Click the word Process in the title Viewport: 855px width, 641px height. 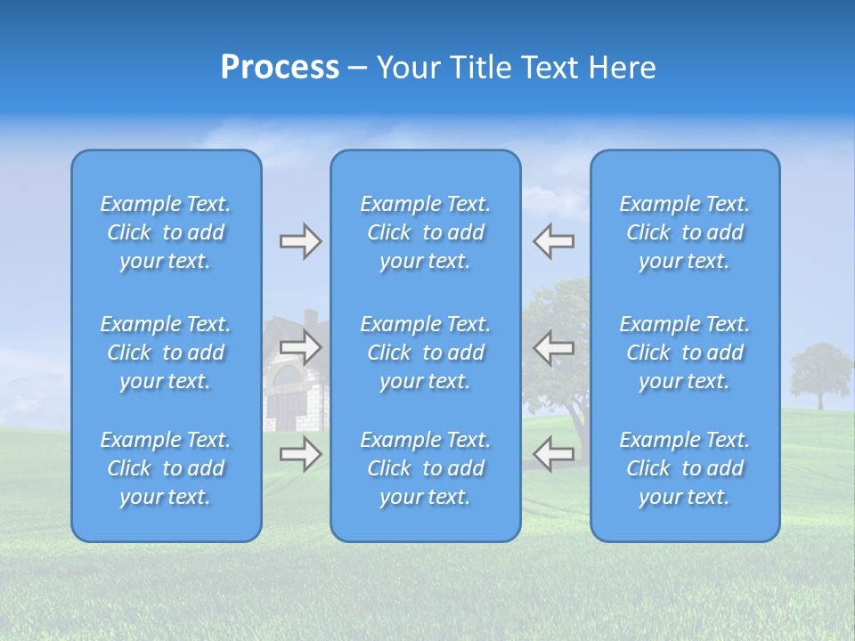(x=280, y=68)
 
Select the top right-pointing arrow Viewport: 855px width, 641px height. (x=300, y=241)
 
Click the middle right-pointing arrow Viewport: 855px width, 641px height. (x=300, y=347)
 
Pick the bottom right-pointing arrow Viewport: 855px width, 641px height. (x=300, y=454)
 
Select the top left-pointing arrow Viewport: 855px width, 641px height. (x=553, y=241)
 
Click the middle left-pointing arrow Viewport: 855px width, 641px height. (x=553, y=347)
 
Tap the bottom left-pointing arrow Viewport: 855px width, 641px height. (x=553, y=454)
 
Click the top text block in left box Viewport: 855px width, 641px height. (x=166, y=232)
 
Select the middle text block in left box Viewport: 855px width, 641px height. (x=166, y=353)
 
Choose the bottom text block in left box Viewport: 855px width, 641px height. (x=166, y=468)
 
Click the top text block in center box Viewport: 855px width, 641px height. (x=426, y=232)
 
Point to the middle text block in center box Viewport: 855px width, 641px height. (x=426, y=353)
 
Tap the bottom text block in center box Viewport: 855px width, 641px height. (x=426, y=468)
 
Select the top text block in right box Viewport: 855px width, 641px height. (x=685, y=232)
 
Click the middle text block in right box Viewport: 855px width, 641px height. (x=685, y=353)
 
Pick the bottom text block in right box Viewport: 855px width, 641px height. (x=685, y=468)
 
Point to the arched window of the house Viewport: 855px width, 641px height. (x=287, y=383)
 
